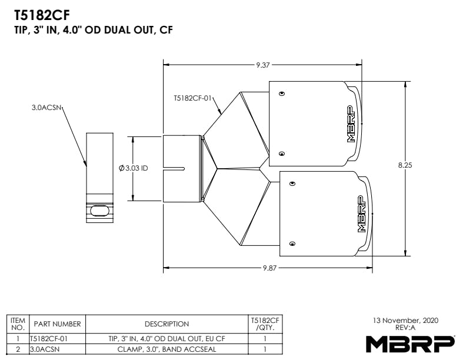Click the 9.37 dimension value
(x=263, y=65)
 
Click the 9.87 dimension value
(x=269, y=268)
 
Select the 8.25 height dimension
(x=405, y=165)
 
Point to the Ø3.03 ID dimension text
(x=133, y=168)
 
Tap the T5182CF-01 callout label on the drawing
(x=192, y=98)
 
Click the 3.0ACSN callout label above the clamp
(x=46, y=108)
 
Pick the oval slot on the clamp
(x=99, y=211)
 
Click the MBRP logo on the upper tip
(x=352, y=124)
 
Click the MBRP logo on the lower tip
(x=361, y=214)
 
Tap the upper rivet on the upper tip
(x=282, y=94)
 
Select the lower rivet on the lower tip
(x=292, y=244)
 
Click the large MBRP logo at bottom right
(x=410, y=344)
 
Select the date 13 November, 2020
(x=405, y=321)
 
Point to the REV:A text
(x=405, y=328)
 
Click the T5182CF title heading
(x=42, y=15)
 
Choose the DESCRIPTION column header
(x=167, y=324)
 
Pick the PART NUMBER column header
(x=57, y=324)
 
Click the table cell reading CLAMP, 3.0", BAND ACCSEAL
(x=167, y=349)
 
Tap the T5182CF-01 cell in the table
(x=49, y=339)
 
